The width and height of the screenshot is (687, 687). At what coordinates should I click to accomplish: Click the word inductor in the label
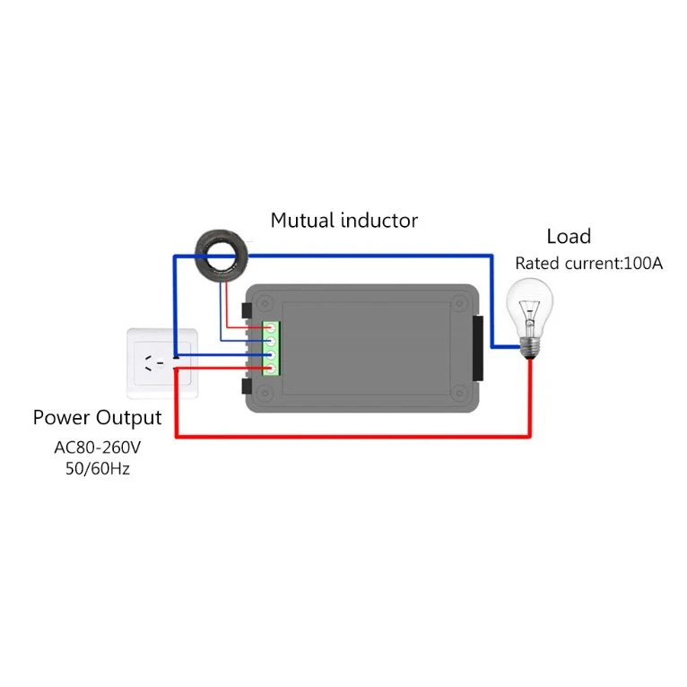point(380,220)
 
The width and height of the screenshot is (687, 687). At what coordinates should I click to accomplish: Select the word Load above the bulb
point(569,237)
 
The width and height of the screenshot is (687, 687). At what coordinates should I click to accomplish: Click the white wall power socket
point(162,362)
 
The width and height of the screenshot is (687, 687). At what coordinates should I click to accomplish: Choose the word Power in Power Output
point(62,418)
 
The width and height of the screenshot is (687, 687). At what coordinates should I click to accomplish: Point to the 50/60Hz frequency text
point(97,468)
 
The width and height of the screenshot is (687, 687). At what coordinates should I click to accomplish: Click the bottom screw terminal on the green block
point(270,369)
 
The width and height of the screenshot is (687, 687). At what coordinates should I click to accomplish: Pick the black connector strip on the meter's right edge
point(475,346)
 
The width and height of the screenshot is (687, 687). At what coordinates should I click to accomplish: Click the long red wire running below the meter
point(359,437)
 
